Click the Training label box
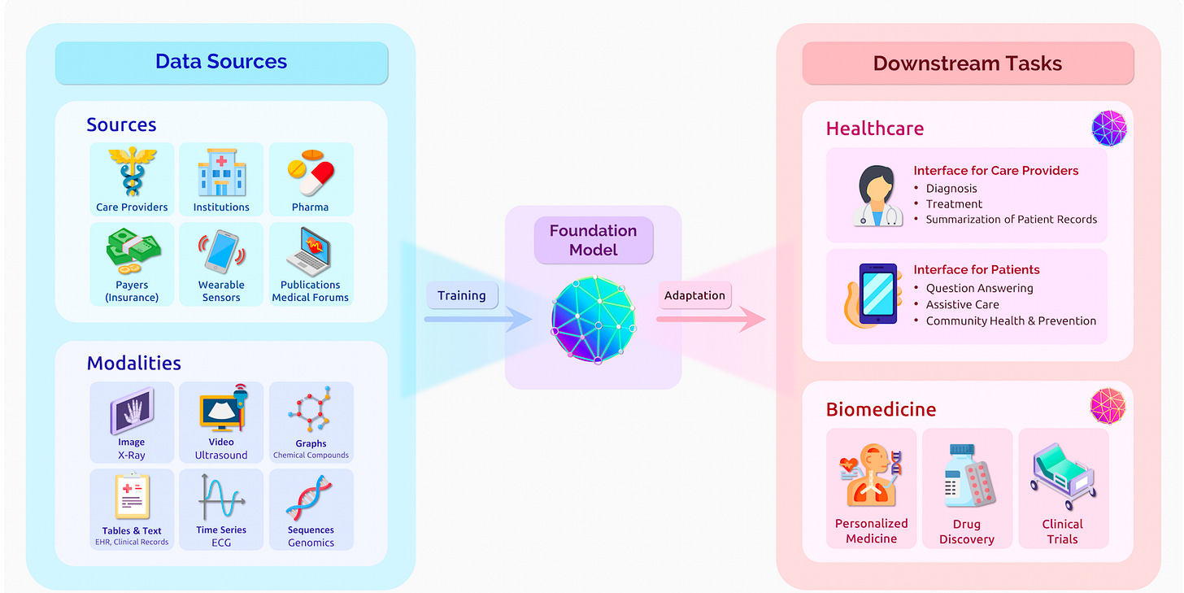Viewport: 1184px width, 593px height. tap(461, 295)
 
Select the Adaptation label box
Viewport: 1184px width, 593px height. tap(694, 295)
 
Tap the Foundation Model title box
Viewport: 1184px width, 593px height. tap(593, 240)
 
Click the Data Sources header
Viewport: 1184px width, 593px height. tap(221, 62)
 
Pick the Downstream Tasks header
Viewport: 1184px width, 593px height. tap(968, 63)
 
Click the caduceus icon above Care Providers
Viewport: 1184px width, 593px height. tap(132, 172)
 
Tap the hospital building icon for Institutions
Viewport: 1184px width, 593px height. tap(221, 172)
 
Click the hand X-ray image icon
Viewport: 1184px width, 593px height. tap(132, 412)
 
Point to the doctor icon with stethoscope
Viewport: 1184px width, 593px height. tap(877, 195)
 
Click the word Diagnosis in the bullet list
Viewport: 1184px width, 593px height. tap(951, 189)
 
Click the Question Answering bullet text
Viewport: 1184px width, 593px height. tap(979, 288)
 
